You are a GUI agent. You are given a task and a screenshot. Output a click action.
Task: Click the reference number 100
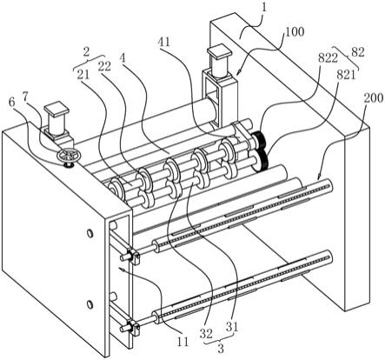click(x=295, y=31)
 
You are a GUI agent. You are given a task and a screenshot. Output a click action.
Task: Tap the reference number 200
click(x=374, y=98)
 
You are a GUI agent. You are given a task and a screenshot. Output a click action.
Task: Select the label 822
click(x=328, y=58)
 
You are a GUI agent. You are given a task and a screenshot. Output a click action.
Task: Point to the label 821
click(x=346, y=75)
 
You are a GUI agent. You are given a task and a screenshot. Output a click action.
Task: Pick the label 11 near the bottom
click(x=183, y=342)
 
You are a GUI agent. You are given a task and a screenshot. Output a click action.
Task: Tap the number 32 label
click(x=206, y=333)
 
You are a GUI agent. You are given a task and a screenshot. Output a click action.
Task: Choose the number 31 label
click(x=232, y=327)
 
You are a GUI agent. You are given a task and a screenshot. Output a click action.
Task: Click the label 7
click(x=26, y=98)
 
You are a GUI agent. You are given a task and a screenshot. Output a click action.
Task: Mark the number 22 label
click(x=104, y=66)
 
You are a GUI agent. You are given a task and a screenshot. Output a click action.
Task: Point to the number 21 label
click(x=83, y=75)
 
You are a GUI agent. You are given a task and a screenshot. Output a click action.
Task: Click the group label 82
click(x=357, y=52)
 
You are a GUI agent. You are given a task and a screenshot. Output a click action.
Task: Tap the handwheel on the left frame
click(x=67, y=155)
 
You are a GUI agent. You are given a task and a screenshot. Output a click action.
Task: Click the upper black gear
click(x=258, y=139)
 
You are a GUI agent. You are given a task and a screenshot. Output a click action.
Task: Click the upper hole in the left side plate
click(x=90, y=233)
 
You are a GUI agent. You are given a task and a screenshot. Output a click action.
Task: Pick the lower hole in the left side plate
click(x=90, y=304)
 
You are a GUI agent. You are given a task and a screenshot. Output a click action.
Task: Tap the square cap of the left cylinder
click(x=56, y=108)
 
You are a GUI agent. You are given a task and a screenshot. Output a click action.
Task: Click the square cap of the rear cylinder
click(x=219, y=50)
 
